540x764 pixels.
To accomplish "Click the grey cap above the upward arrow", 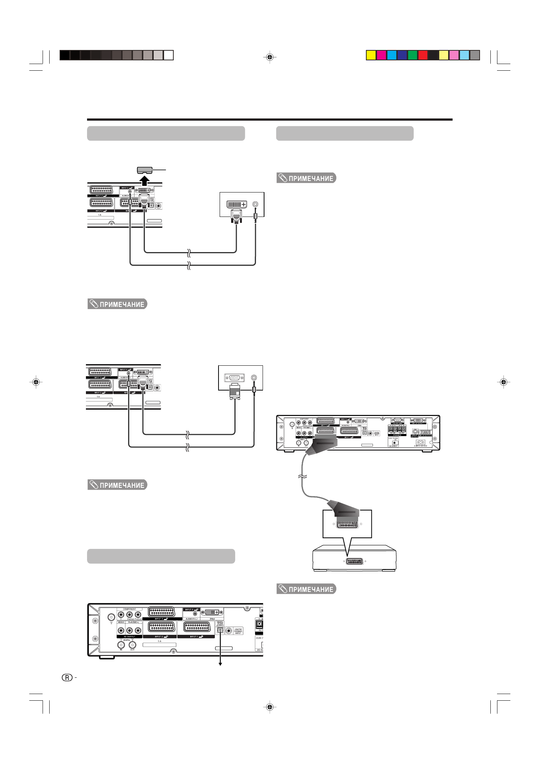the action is [145, 170].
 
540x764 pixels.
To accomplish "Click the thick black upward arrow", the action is [145, 181].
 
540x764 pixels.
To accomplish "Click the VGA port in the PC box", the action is [234, 378].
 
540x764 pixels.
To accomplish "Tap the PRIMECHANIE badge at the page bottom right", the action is [306, 589].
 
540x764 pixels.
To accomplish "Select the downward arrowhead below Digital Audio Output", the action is [220, 664].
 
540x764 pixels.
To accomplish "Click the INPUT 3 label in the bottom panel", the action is [161, 619].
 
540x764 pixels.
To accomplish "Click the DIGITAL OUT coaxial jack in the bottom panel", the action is [132, 645].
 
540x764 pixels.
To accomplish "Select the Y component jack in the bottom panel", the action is [121, 615].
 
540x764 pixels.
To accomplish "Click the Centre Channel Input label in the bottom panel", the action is [238, 630].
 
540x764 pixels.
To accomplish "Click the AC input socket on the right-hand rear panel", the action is [420, 442].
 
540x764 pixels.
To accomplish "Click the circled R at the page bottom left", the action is [67, 678].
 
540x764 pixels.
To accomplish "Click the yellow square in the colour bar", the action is [371, 55].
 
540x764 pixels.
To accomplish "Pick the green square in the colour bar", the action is [412, 55].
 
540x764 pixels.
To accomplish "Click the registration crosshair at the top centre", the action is [270, 57].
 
